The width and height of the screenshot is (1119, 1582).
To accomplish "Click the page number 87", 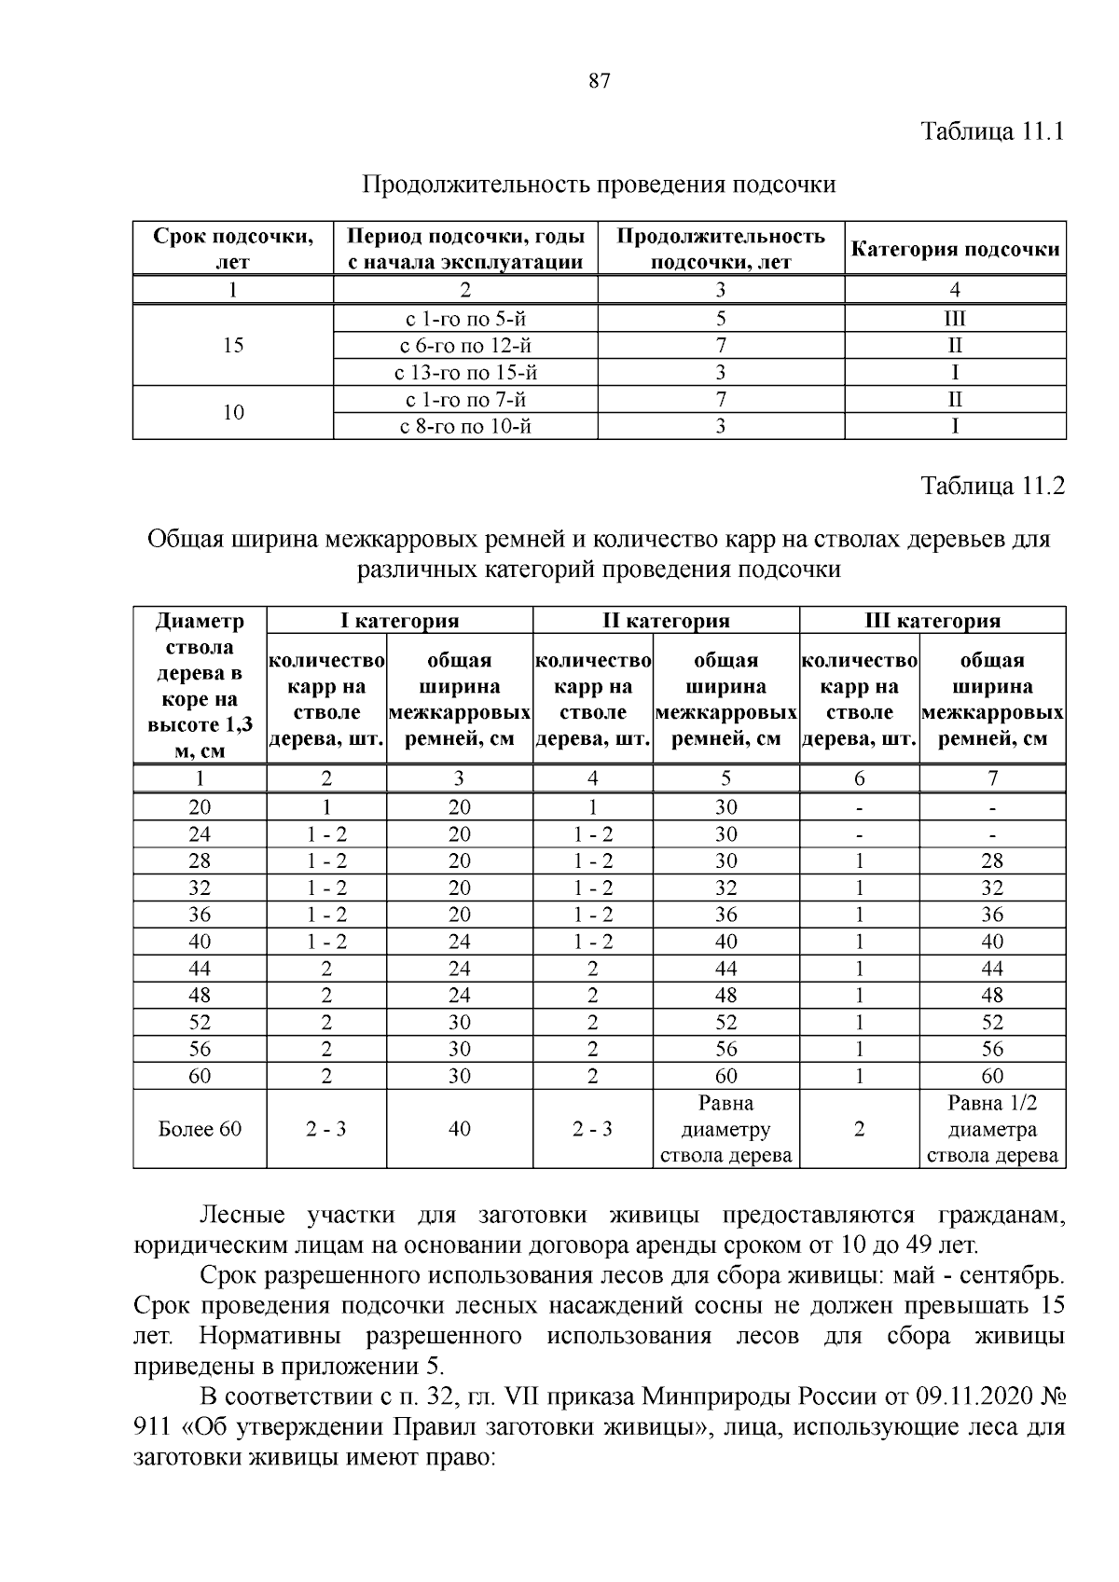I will [600, 81].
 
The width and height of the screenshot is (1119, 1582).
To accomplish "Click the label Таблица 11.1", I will [992, 130].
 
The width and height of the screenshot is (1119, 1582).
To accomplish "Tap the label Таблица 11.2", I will [992, 486].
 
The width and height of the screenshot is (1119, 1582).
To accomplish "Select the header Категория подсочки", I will [956, 249].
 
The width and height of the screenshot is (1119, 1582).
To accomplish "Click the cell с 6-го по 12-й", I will [465, 346].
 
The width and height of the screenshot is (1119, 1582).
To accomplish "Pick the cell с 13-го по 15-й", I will [465, 373].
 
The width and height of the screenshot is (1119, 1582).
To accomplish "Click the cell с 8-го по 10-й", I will [465, 427].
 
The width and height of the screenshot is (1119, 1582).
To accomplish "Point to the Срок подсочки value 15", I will [233, 346].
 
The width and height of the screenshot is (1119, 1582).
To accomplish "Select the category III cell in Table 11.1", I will [955, 319].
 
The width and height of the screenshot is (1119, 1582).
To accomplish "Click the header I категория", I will [399, 621].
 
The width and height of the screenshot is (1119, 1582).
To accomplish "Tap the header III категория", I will [932, 621].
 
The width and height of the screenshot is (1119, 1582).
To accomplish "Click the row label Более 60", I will [200, 1129].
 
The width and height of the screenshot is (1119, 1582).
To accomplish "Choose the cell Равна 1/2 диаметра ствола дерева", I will [992, 1129].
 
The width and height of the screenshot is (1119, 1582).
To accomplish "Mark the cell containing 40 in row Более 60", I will [459, 1129].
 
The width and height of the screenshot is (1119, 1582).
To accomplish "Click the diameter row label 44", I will [200, 969].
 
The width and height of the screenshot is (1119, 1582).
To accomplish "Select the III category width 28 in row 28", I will [992, 860].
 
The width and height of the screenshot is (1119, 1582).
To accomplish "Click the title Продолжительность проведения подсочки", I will [599, 185].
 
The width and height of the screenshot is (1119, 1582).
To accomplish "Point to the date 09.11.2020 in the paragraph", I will [970, 1397].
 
